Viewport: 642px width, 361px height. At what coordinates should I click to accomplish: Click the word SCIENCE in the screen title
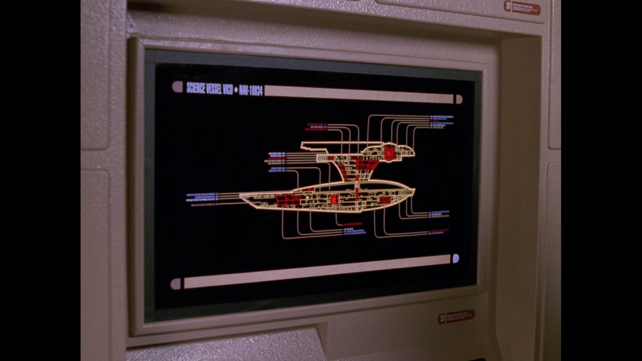pos(197,87)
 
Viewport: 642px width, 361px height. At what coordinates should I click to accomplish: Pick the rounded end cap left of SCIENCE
pos(177,86)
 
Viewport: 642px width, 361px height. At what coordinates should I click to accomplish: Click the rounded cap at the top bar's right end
pos(459,99)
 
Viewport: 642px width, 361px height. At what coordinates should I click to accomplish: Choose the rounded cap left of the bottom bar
pos(176,283)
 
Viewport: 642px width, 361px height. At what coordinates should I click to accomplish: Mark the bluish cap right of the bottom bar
pos(455,258)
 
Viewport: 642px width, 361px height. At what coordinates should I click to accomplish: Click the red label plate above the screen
pos(523,8)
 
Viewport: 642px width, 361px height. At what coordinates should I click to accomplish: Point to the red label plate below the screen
pos(456,316)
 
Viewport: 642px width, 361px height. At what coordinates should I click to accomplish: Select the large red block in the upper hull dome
pos(389,152)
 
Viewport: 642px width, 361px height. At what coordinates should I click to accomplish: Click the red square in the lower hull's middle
pos(334,199)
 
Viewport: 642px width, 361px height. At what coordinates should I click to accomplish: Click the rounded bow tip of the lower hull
pos(414,191)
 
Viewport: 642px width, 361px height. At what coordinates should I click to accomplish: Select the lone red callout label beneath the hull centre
pos(352,224)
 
